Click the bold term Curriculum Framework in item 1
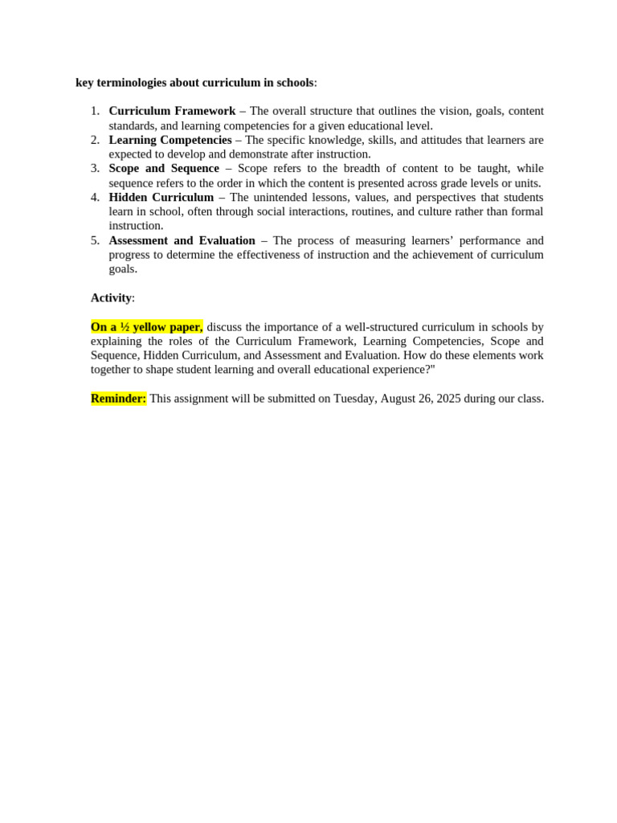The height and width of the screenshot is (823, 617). click(x=172, y=111)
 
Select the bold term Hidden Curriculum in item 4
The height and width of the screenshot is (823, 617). click(x=161, y=197)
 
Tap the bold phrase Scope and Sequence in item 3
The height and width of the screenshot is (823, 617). click(x=164, y=168)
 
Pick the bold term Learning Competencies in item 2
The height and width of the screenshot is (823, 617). click(x=170, y=140)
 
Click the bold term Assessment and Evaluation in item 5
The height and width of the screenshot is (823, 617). click(x=182, y=240)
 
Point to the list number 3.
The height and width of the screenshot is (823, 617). click(x=95, y=168)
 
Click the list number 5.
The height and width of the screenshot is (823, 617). click(x=95, y=240)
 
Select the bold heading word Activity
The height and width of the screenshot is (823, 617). click(x=111, y=297)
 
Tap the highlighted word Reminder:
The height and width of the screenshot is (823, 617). click(x=119, y=399)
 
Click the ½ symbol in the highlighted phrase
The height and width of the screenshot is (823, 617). click(x=125, y=326)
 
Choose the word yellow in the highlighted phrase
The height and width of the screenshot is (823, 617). click(x=149, y=326)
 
